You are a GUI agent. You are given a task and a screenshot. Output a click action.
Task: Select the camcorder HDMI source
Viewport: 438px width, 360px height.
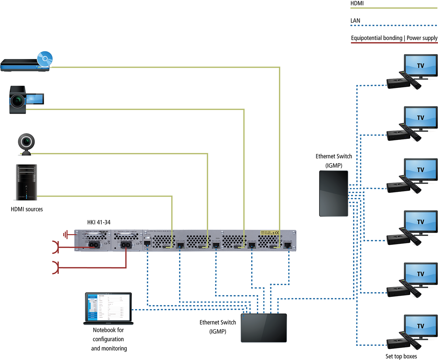25,100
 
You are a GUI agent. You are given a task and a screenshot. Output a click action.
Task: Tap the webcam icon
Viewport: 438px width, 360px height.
26,144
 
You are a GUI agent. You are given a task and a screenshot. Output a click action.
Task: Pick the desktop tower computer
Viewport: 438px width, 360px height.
26,182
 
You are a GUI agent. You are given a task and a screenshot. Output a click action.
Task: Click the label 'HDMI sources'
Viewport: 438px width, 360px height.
27,209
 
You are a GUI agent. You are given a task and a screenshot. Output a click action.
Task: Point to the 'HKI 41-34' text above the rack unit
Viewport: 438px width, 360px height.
98,222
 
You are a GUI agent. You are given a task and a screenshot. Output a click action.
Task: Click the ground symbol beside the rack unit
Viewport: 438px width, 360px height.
66,235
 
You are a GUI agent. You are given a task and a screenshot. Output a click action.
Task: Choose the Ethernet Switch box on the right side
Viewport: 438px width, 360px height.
333,193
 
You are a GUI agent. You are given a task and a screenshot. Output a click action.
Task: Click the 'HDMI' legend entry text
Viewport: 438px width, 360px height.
357,4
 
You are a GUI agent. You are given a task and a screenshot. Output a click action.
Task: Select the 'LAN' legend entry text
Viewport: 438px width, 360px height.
355,21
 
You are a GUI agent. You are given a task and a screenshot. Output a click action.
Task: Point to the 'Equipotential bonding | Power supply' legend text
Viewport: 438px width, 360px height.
394,38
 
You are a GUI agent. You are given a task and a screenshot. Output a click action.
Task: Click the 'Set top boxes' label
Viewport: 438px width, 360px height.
401,356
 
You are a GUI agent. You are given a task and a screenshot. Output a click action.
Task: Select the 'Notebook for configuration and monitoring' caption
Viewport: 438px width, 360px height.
109,339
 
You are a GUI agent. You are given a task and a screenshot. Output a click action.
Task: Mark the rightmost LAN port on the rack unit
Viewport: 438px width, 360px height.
288,245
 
